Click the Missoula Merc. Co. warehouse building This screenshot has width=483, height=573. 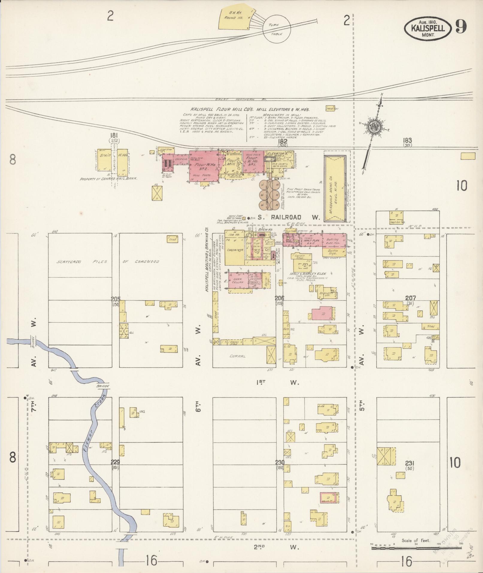point(336,186)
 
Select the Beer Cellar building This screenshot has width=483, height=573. point(237,282)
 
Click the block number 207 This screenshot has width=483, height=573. point(410,298)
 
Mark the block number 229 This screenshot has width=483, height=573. point(115,462)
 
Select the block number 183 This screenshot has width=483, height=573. point(407,140)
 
